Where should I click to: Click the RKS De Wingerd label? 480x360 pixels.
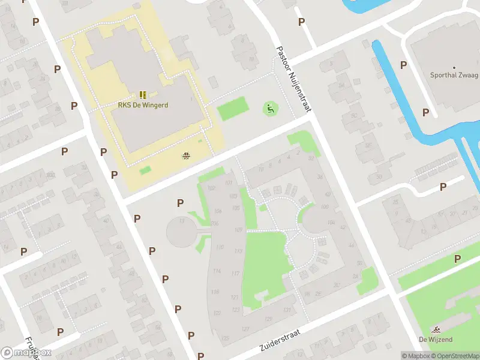[x=143, y=105]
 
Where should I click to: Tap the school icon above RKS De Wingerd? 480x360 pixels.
[x=143, y=95]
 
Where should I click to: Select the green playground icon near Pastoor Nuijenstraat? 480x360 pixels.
[x=271, y=109]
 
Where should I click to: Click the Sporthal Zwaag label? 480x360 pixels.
[x=454, y=76]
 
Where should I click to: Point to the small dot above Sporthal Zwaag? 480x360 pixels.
[x=454, y=67]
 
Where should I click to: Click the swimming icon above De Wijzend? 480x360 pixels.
[x=436, y=329]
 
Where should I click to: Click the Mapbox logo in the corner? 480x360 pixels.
[x=26, y=353]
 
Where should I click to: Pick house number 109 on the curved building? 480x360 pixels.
[x=238, y=230]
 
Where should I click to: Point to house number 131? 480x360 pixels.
[x=287, y=310]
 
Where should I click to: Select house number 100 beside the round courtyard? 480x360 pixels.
[x=325, y=207]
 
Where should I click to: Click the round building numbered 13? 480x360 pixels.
[x=182, y=232]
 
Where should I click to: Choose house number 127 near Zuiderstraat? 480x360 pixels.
[x=245, y=329]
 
